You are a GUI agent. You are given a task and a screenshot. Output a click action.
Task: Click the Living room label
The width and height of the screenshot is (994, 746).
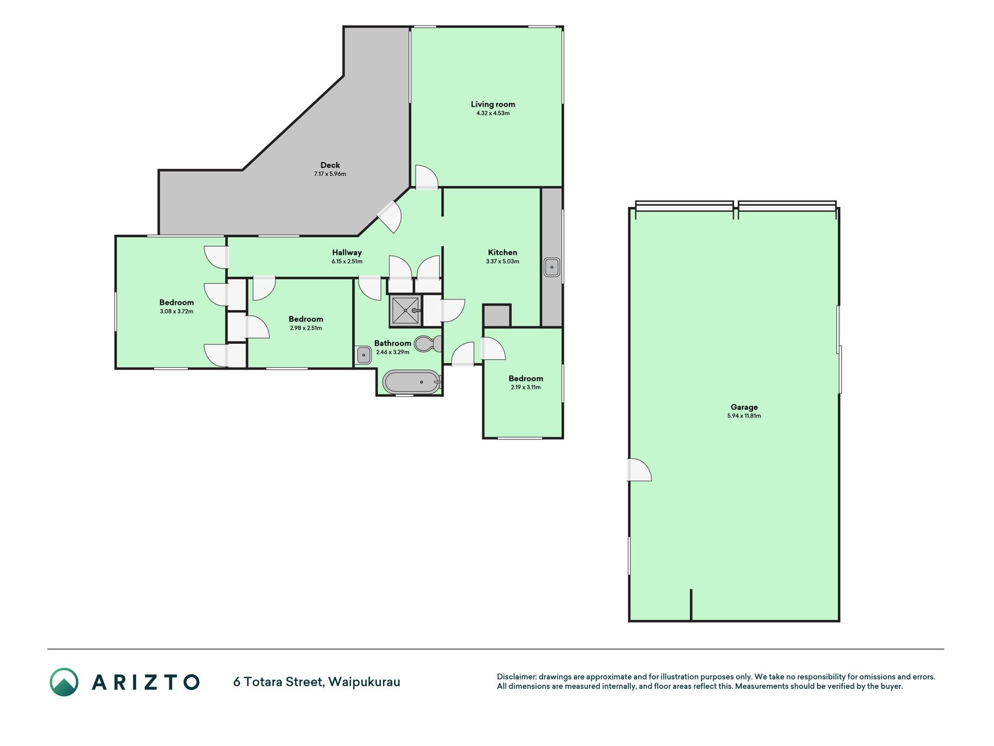pos(493,104)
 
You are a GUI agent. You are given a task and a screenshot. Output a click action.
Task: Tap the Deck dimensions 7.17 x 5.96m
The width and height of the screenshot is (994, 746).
pos(330,174)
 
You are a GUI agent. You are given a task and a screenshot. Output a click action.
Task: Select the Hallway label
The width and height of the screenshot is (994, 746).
pos(347,252)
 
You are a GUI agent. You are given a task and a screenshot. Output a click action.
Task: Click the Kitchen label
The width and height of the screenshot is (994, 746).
pos(503,252)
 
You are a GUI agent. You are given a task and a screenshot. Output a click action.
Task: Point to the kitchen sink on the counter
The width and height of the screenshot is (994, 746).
pos(551,268)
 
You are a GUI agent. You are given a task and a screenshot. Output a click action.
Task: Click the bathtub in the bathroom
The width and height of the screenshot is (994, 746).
pos(412,382)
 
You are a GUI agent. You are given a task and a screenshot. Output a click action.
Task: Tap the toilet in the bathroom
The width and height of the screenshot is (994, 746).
pos(428,344)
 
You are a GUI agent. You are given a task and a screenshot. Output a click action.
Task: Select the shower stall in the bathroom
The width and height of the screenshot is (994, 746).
pos(405,311)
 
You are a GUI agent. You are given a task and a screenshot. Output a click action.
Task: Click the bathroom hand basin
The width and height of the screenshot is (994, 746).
pos(363,355)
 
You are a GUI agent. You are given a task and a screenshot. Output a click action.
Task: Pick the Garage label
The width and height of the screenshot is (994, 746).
pos(744,407)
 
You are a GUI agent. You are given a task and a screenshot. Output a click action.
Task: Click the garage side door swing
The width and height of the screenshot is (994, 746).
pos(639,470)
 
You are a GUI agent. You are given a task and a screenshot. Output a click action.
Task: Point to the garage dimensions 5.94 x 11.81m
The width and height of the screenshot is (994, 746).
pos(744,416)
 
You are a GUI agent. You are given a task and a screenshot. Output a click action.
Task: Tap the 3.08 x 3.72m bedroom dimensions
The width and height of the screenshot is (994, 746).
pos(176,311)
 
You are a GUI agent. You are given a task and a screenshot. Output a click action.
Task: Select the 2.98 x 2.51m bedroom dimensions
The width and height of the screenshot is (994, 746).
pos(306,328)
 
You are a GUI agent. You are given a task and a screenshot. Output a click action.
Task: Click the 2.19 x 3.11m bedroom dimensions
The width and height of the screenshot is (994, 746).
pos(526,387)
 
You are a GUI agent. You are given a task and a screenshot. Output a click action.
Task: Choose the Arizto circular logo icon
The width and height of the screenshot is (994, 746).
pos(64,682)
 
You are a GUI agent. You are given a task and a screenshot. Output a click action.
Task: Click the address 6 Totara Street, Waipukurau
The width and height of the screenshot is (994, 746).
pos(317,682)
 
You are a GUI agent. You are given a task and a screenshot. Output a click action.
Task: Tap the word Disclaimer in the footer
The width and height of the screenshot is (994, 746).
pos(516,677)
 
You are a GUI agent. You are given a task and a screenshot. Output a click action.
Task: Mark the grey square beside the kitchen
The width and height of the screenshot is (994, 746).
pos(497,316)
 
